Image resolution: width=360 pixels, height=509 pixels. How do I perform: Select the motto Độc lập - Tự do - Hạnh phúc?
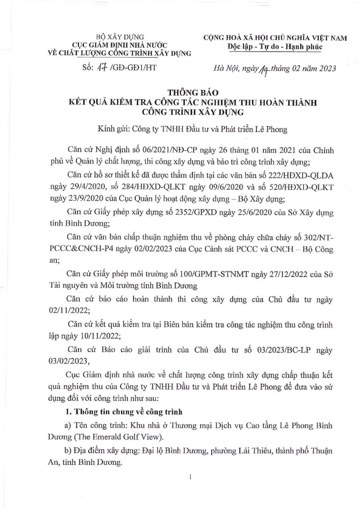click(x=274, y=47)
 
